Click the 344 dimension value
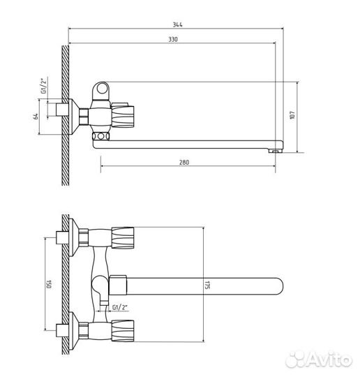[178, 24]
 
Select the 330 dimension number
[173, 39]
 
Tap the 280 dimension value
[184, 162]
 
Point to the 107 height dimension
[292, 116]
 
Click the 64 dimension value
[36, 117]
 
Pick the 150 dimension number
[49, 284]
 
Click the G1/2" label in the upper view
[43, 86]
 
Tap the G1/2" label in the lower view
[120, 307]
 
